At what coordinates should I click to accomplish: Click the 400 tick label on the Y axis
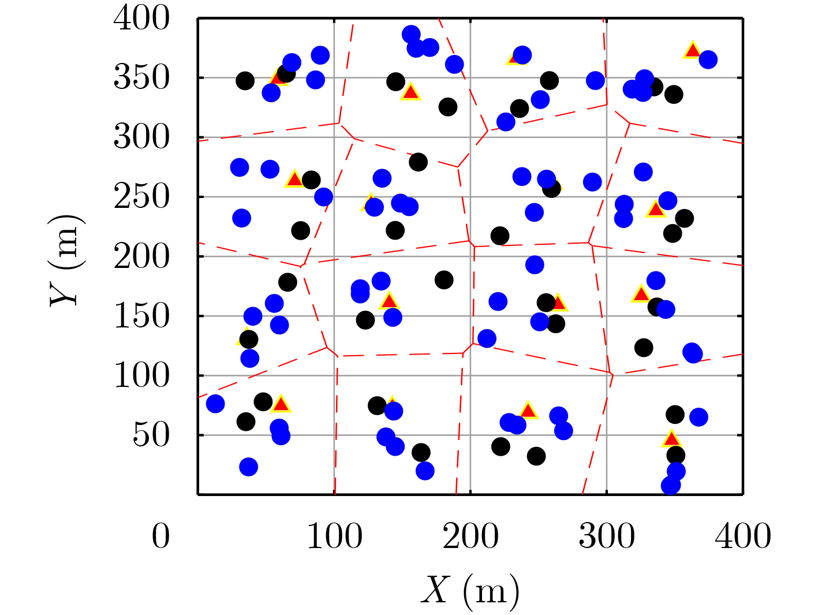point(141,18)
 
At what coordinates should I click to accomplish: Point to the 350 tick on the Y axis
point(141,78)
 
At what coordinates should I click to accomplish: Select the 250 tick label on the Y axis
point(141,197)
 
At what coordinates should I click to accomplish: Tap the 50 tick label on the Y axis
point(151,435)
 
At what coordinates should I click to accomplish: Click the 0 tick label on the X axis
point(160,536)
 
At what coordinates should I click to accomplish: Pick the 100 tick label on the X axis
point(334,536)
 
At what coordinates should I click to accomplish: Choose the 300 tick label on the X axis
point(607,536)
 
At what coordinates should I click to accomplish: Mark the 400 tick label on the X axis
point(743,536)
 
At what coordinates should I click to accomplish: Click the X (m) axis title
point(470,591)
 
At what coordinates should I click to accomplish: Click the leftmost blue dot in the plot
point(215,404)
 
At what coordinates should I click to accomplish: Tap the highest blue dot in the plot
point(411,34)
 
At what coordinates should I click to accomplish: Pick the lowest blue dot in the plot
point(671,485)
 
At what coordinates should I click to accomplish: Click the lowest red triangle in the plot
point(671,439)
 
